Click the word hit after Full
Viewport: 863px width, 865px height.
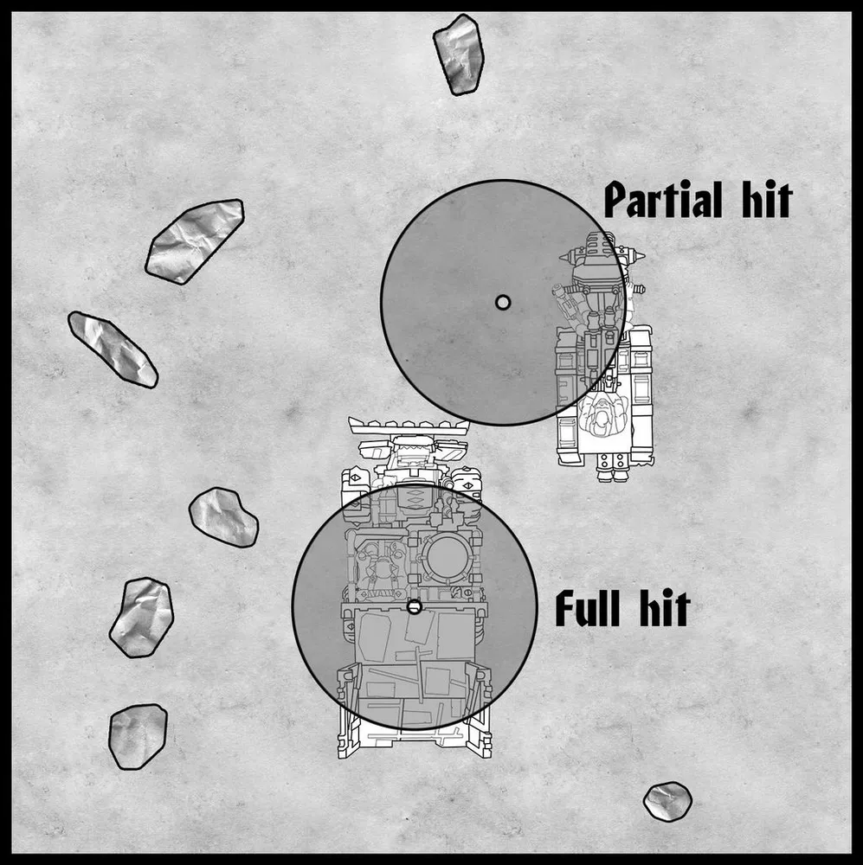click(x=661, y=608)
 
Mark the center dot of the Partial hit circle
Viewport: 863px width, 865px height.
click(x=502, y=302)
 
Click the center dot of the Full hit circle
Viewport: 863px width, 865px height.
click(x=414, y=607)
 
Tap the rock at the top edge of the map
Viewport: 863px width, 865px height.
click(x=458, y=54)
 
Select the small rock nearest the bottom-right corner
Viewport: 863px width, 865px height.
click(x=667, y=801)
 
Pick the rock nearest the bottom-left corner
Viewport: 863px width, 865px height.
click(x=138, y=736)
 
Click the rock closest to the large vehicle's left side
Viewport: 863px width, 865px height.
click(x=223, y=517)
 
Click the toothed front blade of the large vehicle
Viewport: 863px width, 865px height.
click(x=408, y=426)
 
